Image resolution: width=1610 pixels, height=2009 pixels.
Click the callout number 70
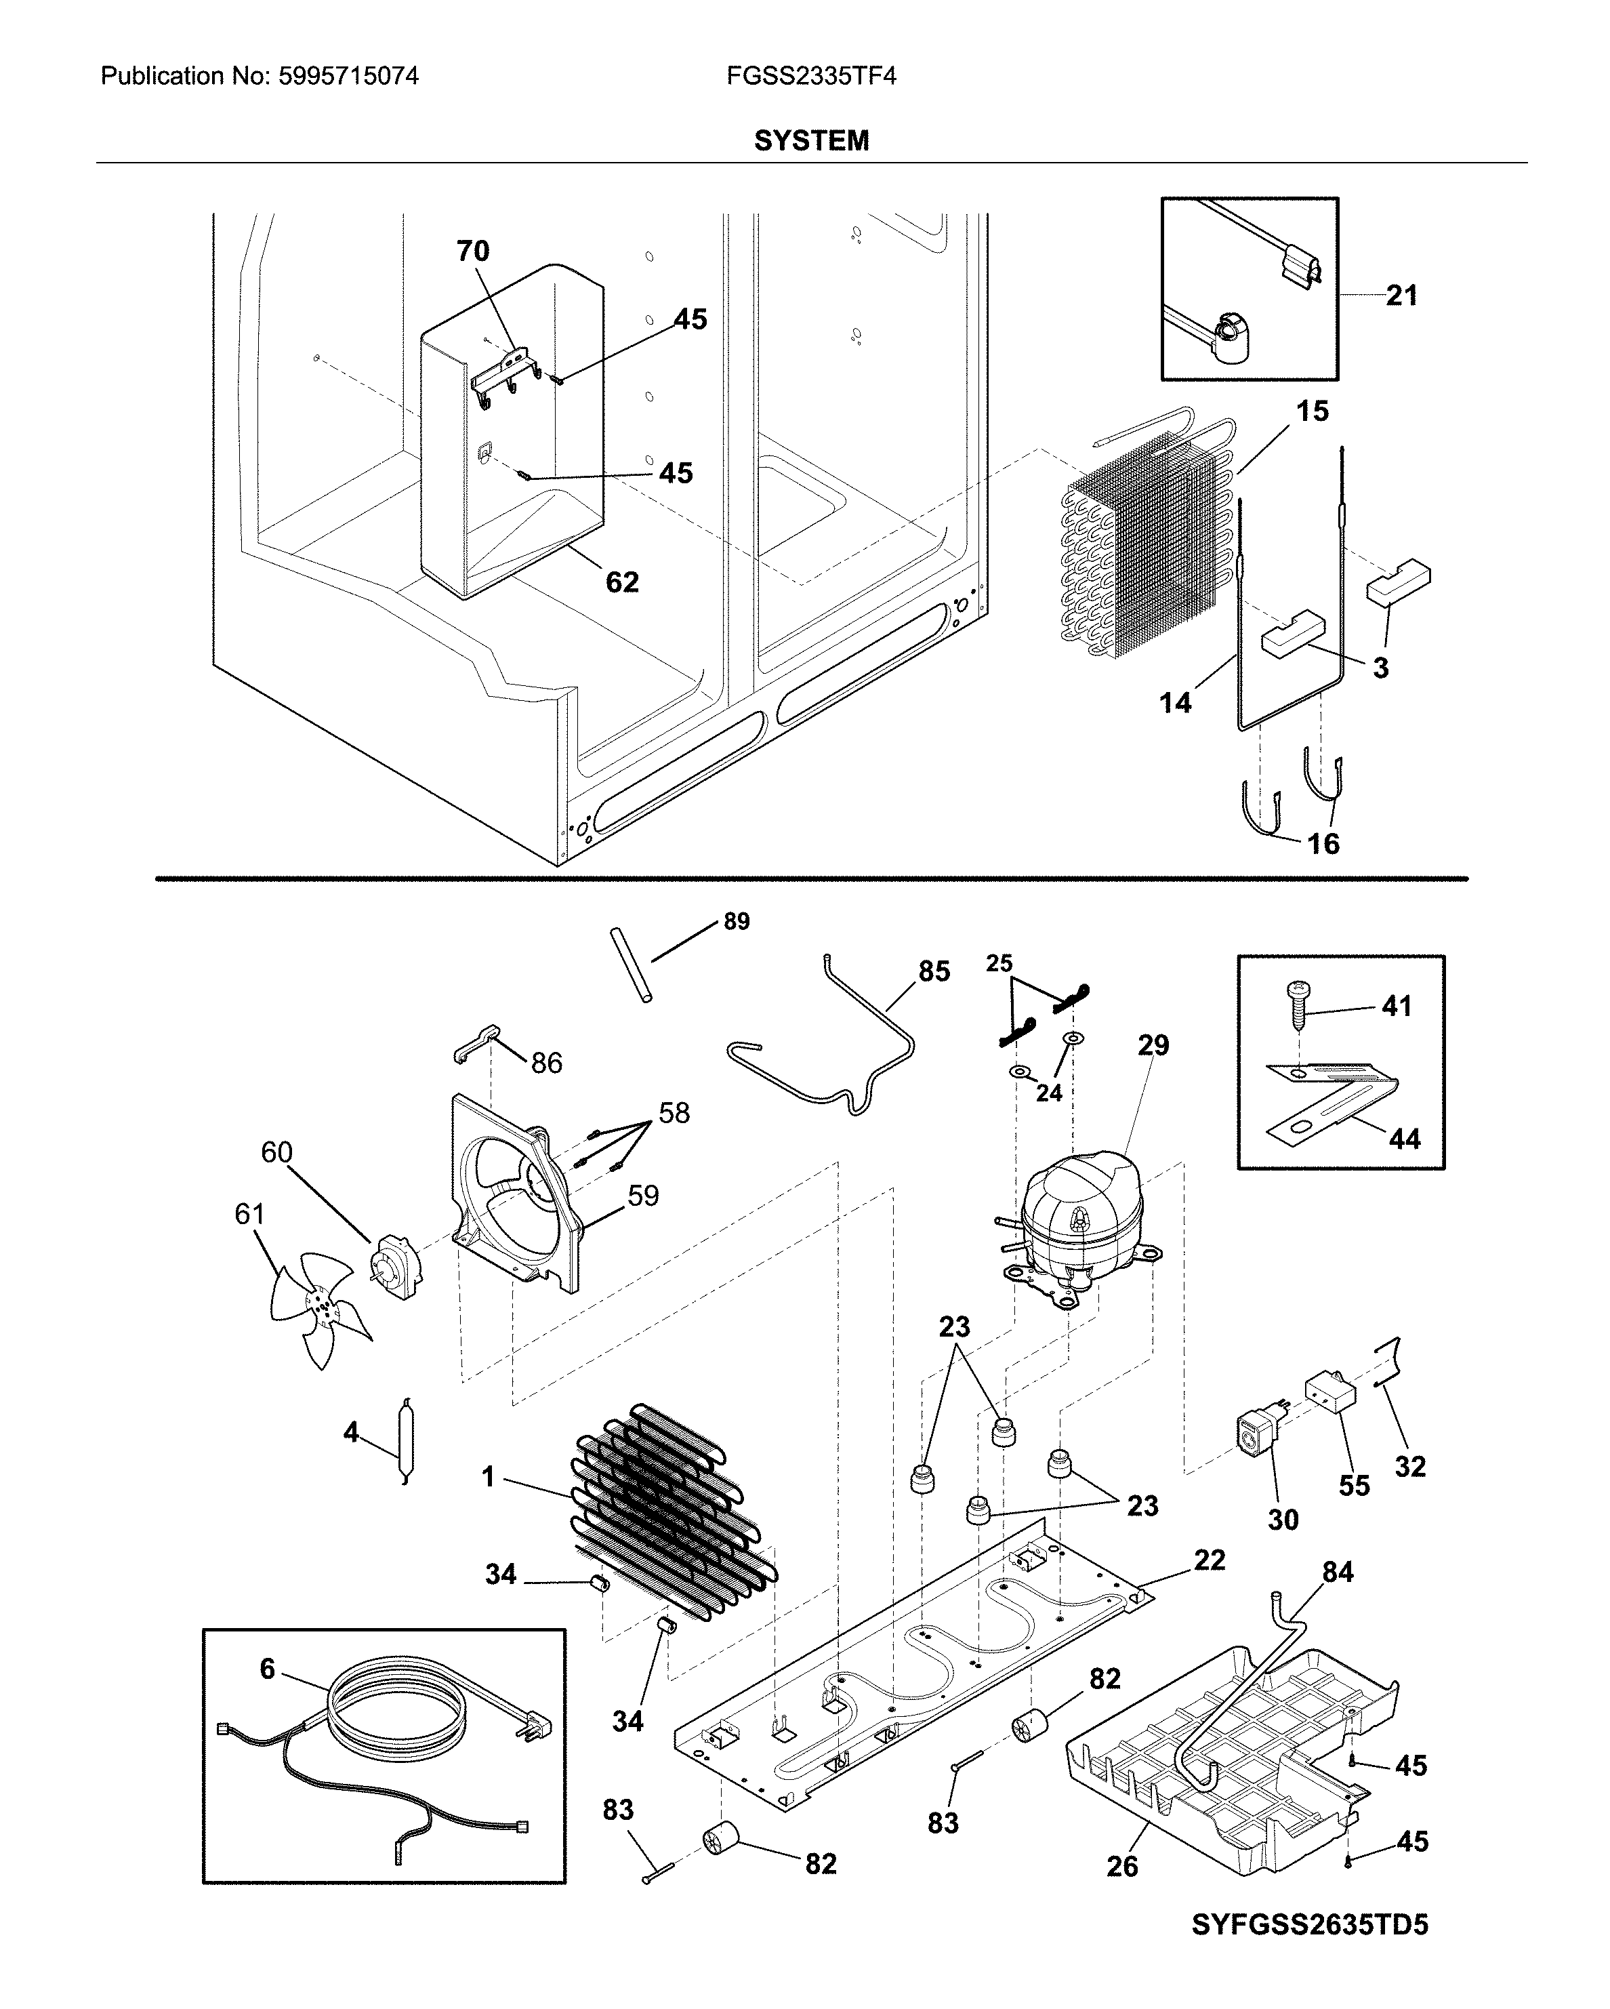click(472, 251)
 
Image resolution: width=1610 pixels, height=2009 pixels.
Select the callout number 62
click(621, 582)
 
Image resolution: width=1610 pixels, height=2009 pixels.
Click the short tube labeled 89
click(630, 965)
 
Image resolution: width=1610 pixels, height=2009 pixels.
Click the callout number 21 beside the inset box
click(1401, 296)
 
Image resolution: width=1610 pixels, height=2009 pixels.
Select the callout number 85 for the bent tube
click(934, 971)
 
